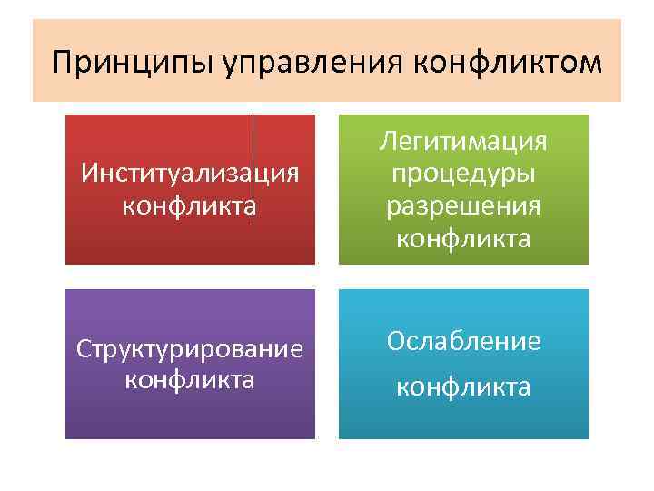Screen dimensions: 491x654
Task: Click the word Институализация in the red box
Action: (x=190, y=173)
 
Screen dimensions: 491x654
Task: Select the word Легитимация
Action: (x=463, y=142)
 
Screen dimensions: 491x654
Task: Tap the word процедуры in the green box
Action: (x=463, y=174)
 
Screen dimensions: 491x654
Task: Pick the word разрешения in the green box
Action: (x=463, y=206)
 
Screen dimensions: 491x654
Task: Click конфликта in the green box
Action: (x=463, y=239)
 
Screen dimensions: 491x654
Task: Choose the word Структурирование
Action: (x=190, y=349)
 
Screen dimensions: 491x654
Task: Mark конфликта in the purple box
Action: (x=190, y=379)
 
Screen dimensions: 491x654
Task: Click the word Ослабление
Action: (x=463, y=341)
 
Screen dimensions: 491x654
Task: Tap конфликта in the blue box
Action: (x=463, y=387)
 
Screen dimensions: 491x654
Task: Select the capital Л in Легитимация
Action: (x=388, y=142)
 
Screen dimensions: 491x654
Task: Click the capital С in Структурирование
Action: (x=83, y=349)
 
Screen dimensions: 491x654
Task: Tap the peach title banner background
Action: (x=327, y=32)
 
